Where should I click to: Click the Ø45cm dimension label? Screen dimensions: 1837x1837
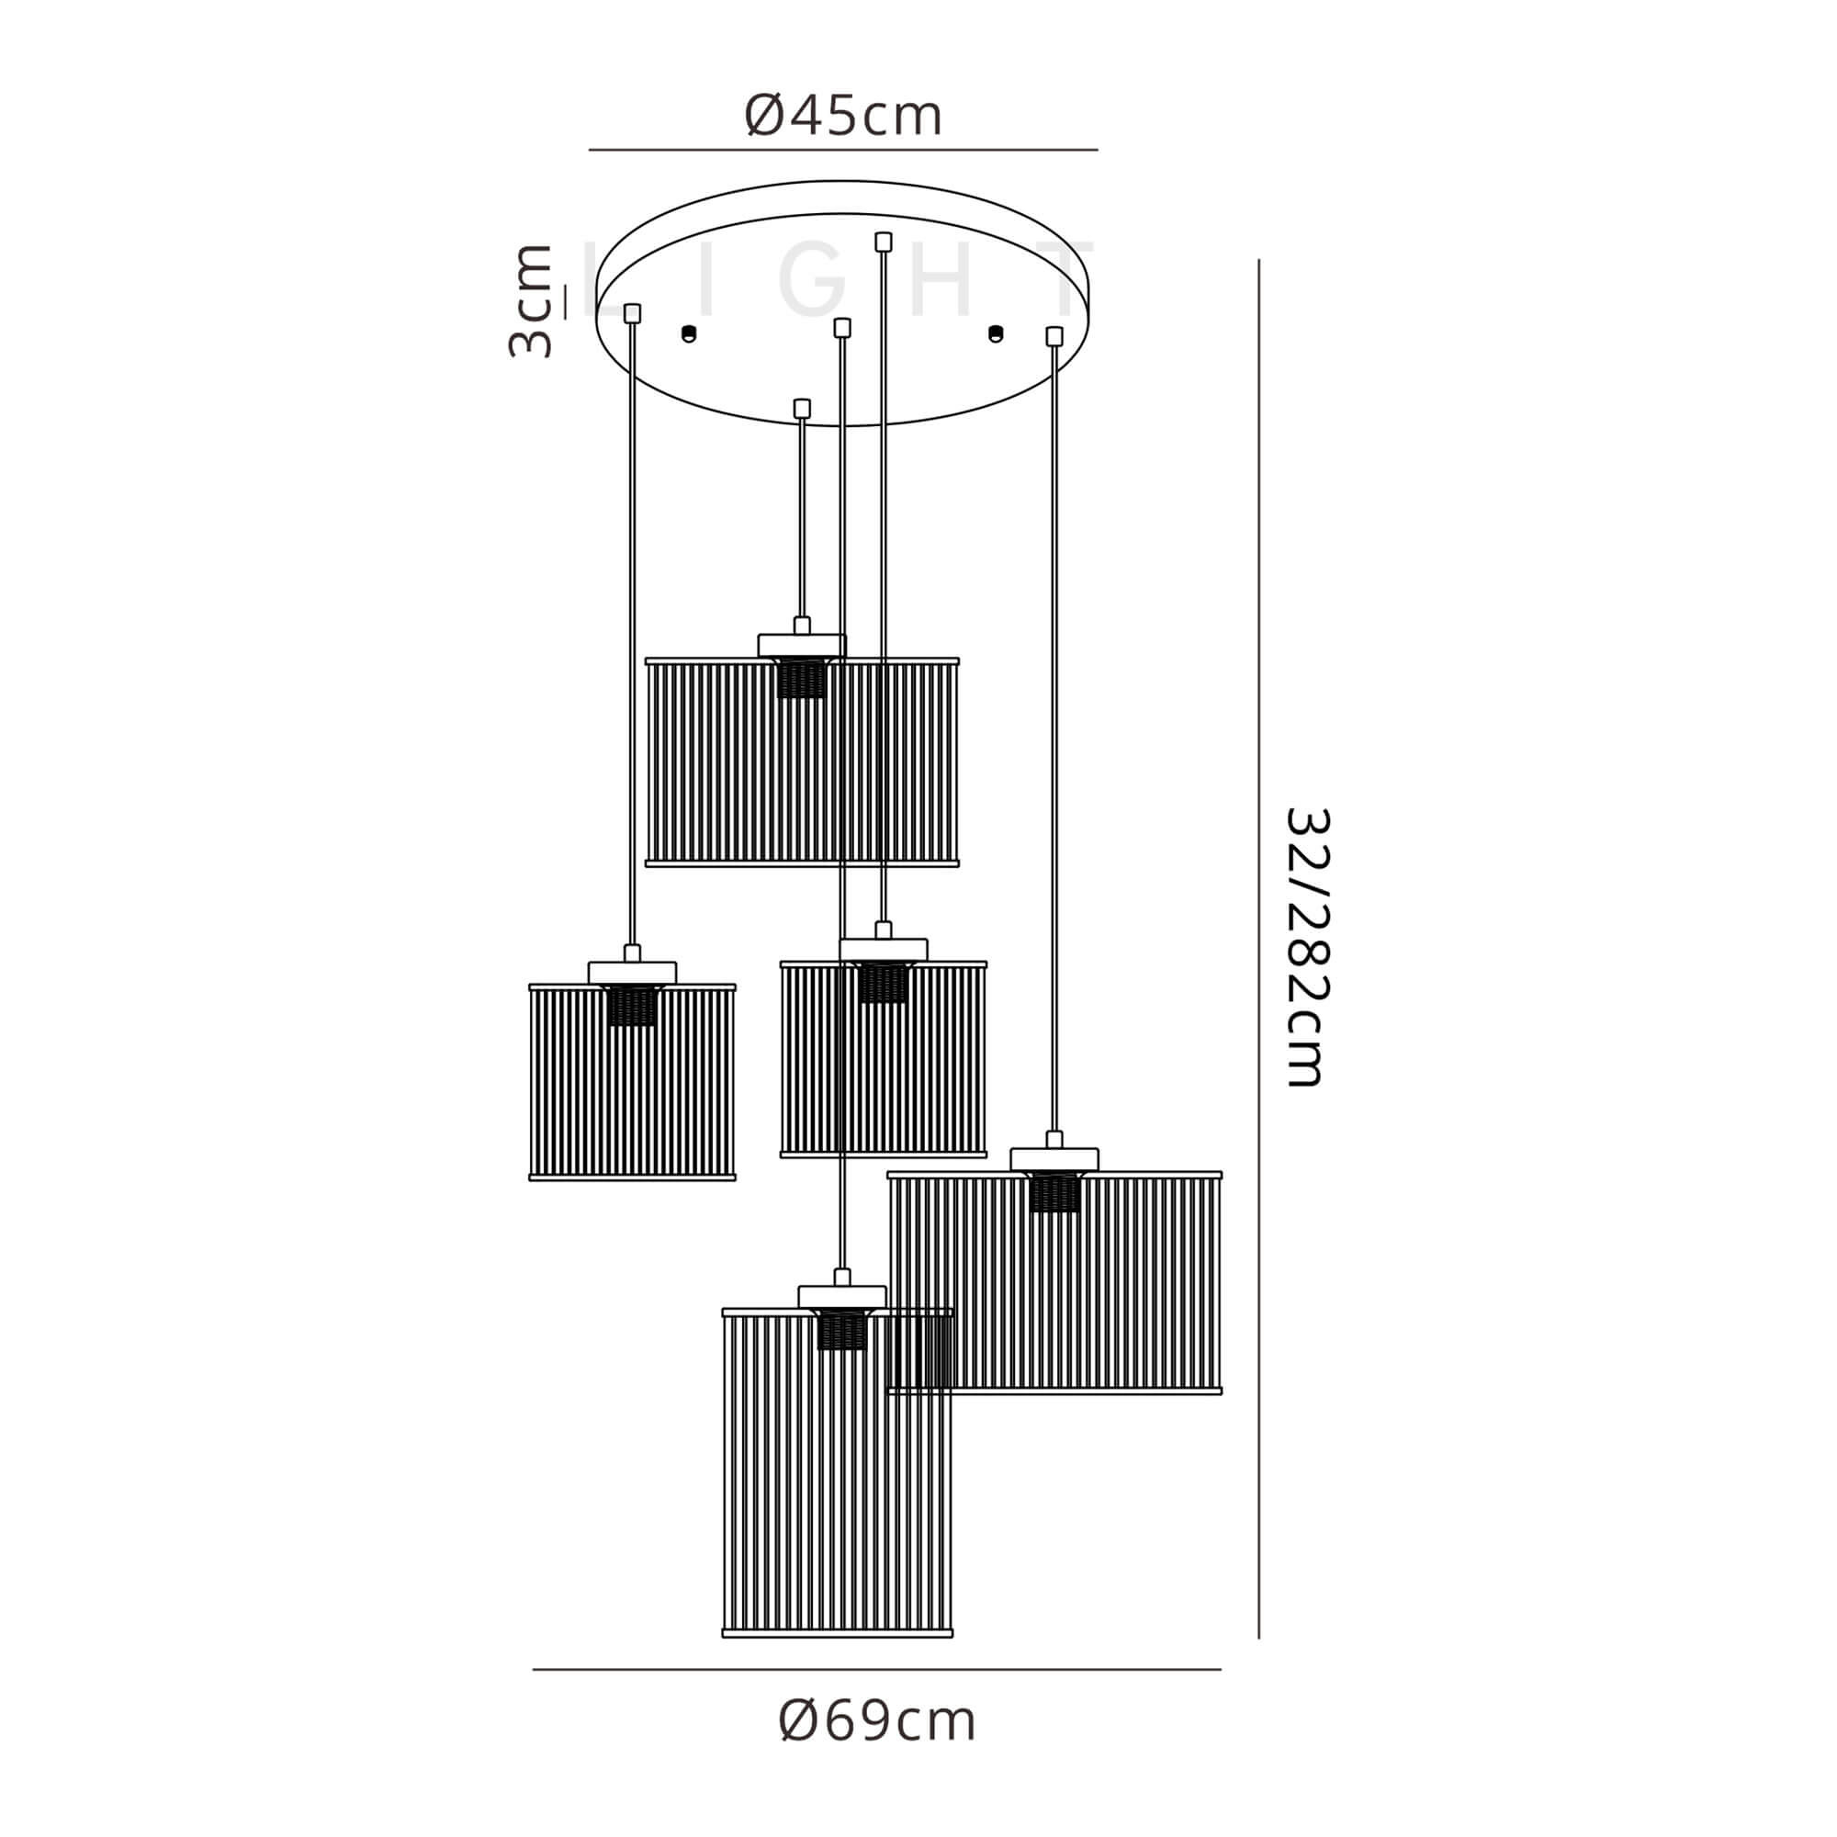click(842, 116)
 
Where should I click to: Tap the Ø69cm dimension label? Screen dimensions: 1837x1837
click(876, 1748)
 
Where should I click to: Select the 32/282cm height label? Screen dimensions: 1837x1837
click(1306, 947)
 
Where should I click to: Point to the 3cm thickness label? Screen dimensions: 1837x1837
click(531, 301)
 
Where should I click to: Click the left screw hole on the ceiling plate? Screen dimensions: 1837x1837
click(690, 332)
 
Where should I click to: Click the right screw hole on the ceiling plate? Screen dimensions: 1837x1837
click(996, 332)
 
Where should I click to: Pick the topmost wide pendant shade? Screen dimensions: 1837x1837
click(802, 761)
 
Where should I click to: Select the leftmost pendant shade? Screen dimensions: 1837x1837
click(632, 1083)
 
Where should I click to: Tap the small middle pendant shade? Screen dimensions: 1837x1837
click(884, 1059)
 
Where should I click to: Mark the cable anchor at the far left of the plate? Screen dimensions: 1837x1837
click(632, 313)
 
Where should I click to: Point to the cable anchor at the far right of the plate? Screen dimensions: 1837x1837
click(1054, 335)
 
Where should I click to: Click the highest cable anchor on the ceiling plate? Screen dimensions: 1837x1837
click(884, 242)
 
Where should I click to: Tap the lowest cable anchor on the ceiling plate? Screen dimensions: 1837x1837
click(802, 408)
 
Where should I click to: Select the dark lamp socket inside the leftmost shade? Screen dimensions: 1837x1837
click(631, 1005)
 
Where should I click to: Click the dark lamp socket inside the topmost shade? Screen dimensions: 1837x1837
click(801, 679)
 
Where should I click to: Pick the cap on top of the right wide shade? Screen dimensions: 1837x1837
click(1054, 1159)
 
